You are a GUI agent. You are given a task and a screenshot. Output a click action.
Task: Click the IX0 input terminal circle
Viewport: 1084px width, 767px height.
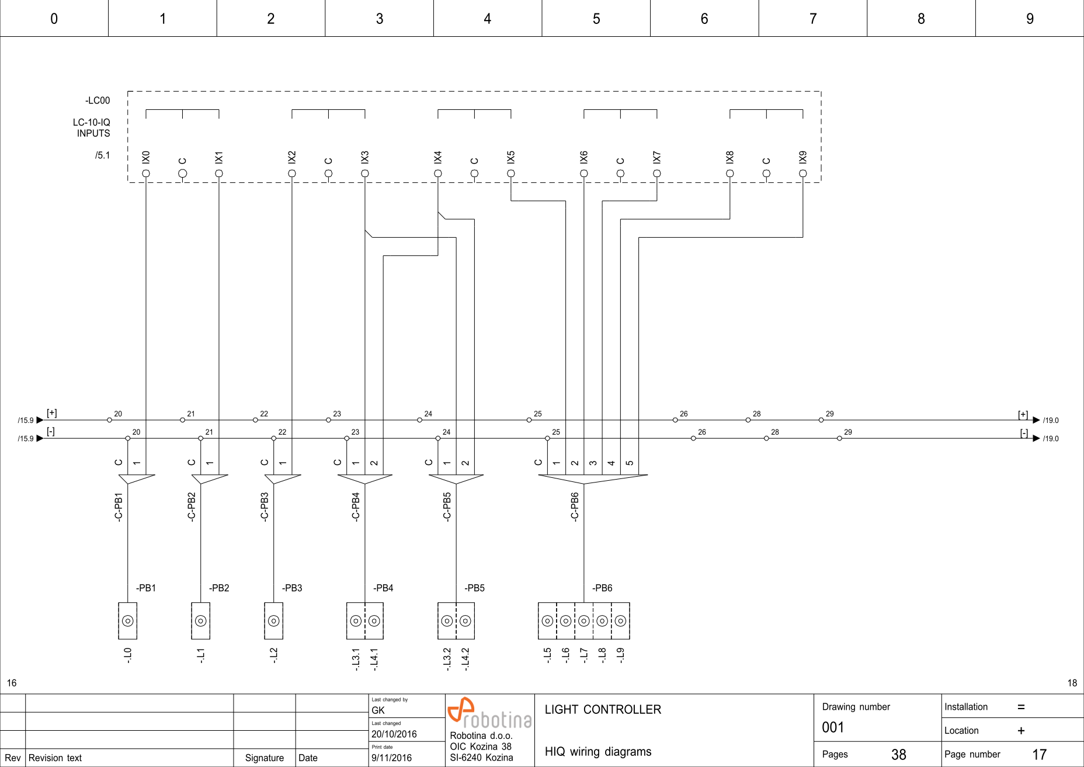click(x=146, y=173)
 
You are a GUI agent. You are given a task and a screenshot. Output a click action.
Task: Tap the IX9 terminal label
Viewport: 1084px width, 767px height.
click(x=803, y=157)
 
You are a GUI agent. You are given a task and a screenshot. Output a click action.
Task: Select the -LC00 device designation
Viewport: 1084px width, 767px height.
click(x=98, y=100)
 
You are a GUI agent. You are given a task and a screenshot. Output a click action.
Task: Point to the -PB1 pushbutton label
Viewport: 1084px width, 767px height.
click(x=146, y=588)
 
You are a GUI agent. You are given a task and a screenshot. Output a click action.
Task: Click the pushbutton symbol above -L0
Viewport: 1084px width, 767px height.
click(x=127, y=621)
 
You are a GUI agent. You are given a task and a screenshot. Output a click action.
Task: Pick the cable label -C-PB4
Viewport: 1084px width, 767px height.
click(x=356, y=506)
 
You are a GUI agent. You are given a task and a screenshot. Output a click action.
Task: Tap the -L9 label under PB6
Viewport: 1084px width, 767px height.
click(x=620, y=655)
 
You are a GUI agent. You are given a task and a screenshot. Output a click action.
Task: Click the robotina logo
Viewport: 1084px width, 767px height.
click(x=489, y=714)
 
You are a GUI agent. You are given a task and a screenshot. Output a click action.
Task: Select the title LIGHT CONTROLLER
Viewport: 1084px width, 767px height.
click(x=603, y=710)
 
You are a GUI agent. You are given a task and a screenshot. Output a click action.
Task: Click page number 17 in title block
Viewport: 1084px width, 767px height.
click(x=1039, y=755)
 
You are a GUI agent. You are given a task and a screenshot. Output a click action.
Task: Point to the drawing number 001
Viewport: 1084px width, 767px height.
click(x=833, y=727)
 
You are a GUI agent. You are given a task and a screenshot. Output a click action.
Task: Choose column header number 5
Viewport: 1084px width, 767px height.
click(x=596, y=19)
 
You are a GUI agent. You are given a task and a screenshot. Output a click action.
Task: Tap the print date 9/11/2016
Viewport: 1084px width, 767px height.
click(x=391, y=758)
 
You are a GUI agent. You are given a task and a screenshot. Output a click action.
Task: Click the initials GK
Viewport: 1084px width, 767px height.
click(x=378, y=710)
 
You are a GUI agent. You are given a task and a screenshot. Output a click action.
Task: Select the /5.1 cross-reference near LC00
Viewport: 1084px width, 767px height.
click(x=102, y=155)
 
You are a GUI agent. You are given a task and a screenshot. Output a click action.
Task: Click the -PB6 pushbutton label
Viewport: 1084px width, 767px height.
click(x=602, y=588)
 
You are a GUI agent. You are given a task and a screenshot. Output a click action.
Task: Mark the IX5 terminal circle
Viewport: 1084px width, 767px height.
click(x=511, y=173)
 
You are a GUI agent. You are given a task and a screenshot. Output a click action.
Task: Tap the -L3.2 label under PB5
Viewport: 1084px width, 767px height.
click(x=447, y=659)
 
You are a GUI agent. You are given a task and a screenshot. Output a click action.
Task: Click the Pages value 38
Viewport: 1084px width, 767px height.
click(x=898, y=755)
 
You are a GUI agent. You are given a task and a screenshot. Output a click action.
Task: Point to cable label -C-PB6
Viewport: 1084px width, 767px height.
click(x=575, y=506)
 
